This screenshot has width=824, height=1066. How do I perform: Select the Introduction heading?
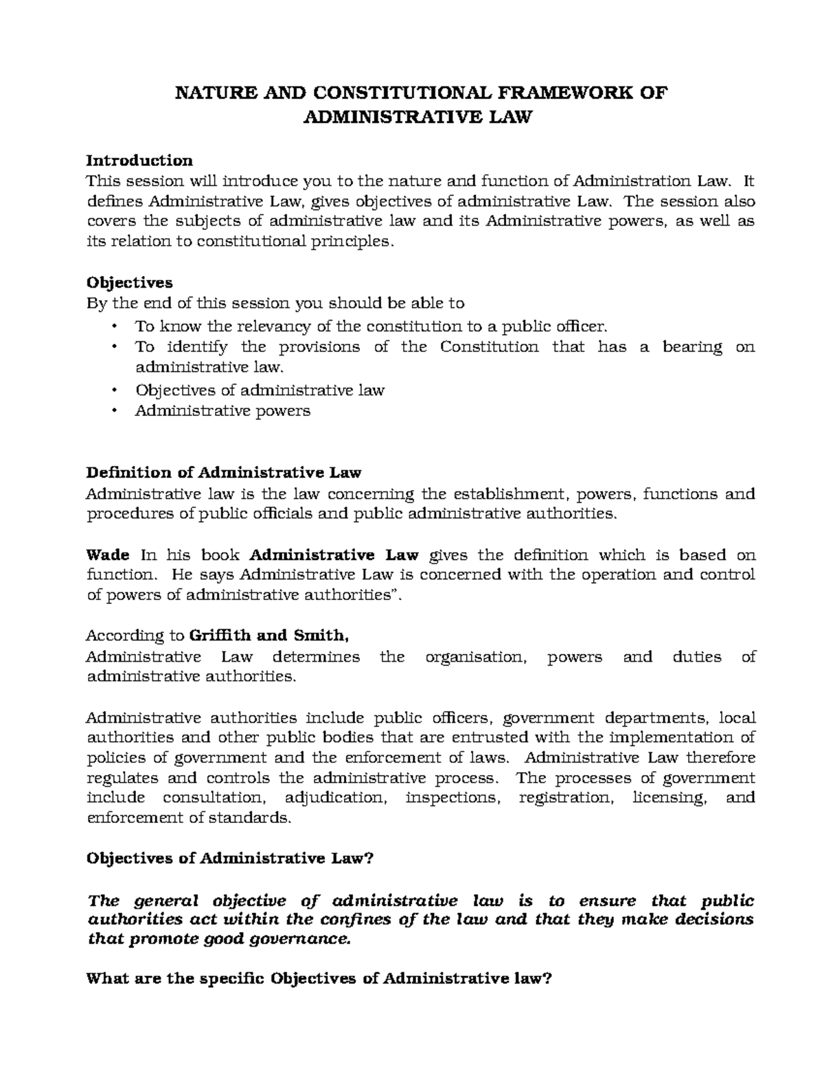tap(139, 161)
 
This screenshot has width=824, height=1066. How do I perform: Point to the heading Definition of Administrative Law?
tap(223, 473)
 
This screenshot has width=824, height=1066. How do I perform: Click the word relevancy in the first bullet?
tap(273, 326)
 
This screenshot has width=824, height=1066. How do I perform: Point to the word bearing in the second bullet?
tap(692, 347)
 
